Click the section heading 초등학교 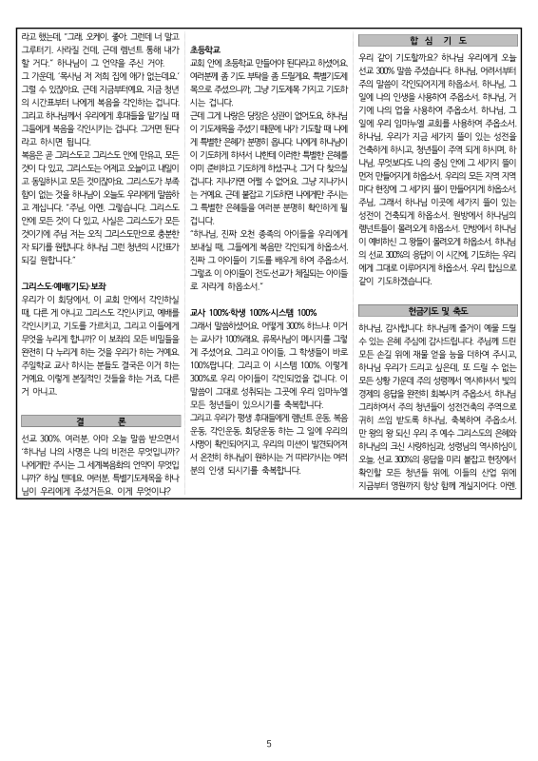coord(205,48)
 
